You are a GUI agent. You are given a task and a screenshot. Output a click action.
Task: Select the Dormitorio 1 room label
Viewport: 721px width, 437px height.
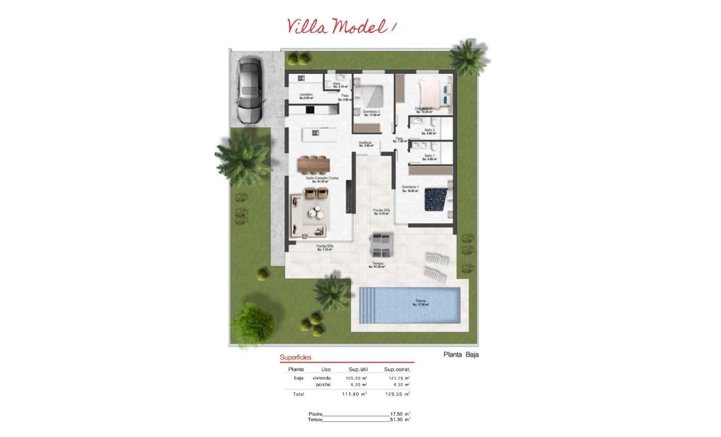pos(410,188)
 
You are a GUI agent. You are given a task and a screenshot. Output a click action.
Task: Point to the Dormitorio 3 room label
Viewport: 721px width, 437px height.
pos(371,113)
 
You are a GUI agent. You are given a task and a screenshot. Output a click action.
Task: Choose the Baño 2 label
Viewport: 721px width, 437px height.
pos(429,131)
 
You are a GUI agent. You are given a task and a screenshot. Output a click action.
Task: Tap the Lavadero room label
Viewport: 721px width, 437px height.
pos(306,96)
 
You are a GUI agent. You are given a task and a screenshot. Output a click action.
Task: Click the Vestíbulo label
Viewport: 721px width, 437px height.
pos(365,144)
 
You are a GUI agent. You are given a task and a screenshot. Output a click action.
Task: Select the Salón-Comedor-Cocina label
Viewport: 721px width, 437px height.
pos(322,179)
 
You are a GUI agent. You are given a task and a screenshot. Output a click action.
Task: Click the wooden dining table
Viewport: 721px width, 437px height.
pos(314,163)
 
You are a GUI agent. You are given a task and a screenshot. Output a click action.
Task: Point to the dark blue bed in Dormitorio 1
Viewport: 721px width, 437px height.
pos(438,199)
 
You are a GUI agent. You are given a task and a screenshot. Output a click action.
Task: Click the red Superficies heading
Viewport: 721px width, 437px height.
pos(296,358)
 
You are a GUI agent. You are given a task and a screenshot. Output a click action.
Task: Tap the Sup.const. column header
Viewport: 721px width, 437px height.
pos(397,370)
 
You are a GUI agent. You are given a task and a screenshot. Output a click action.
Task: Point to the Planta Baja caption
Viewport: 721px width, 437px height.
pos(460,355)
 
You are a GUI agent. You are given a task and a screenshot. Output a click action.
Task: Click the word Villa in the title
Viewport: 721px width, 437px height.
pos(307,26)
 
